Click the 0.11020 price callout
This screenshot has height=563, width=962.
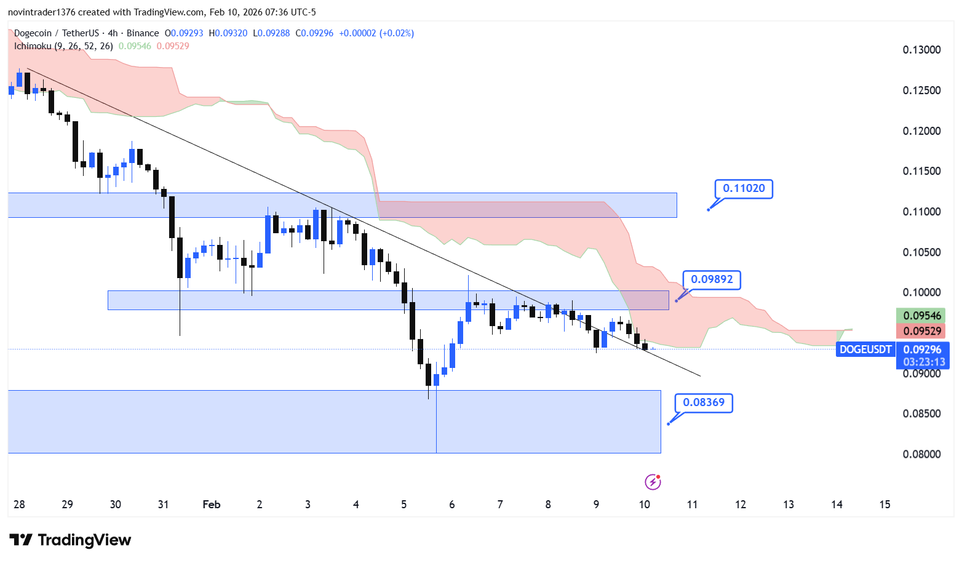point(743,189)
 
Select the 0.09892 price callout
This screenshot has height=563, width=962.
point(712,280)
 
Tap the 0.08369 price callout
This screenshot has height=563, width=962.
point(704,403)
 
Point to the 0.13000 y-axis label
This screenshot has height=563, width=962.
point(921,50)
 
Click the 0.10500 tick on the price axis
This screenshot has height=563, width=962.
point(921,252)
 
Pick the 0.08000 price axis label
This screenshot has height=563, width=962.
point(921,455)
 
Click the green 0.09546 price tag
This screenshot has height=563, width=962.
point(921,316)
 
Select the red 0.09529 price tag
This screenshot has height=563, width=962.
point(921,331)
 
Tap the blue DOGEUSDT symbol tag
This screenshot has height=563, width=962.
point(865,349)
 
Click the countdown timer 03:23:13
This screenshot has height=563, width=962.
point(923,362)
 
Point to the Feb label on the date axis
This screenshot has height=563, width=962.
point(211,505)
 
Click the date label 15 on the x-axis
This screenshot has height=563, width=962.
point(884,505)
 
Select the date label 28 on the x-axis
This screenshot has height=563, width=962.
point(20,505)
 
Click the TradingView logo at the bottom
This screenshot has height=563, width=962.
point(70,540)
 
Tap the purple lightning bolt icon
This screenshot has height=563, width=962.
point(653,482)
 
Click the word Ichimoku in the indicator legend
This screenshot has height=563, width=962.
point(33,46)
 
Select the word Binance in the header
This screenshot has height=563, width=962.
point(143,33)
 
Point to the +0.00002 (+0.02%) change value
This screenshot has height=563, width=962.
point(376,33)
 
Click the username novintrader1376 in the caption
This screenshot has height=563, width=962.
point(41,12)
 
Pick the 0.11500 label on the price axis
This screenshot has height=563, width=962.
point(921,171)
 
